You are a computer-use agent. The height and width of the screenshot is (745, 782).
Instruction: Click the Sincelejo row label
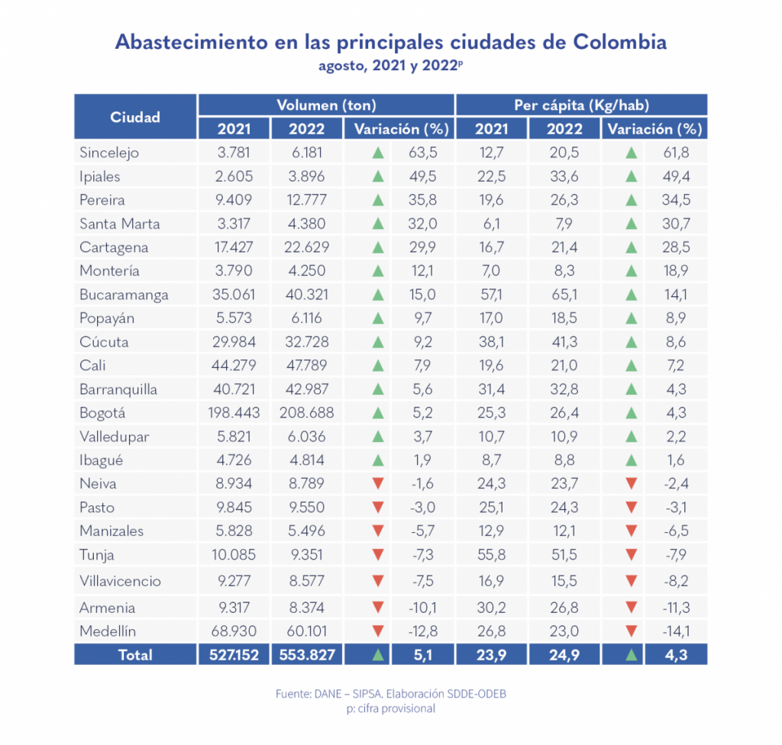tap(109, 153)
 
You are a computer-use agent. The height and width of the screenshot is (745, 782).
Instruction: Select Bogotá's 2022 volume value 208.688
tap(306, 413)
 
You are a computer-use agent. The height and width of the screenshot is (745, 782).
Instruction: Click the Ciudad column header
tap(135, 117)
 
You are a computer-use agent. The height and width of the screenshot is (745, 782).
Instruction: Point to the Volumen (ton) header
tap(326, 105)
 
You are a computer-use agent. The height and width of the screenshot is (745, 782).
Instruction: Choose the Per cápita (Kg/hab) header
tap(581, 105)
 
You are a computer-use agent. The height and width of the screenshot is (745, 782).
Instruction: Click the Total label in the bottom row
tap(135, 655)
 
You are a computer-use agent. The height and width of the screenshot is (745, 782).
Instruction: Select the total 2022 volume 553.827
tap(306, 655)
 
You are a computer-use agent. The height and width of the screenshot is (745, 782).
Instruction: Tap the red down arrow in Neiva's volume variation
tap(376, 484)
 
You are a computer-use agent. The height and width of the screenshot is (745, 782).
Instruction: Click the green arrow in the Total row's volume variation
tap(376, 655)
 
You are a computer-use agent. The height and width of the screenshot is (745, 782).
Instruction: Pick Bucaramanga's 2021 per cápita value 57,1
tap(491, 295)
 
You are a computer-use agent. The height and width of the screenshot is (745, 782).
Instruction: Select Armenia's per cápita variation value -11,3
tap(674, 608)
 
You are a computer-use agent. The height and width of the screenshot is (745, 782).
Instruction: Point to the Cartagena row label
tap(114, 247)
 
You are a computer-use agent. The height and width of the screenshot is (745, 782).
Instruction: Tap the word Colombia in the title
tap(619, 42)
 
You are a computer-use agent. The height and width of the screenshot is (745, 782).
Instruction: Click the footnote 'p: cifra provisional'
tap(391, 708)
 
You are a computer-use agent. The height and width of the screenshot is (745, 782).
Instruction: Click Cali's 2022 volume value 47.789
tap(306, 366)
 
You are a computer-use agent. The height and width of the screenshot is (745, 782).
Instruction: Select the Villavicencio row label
tap(121, 581)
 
